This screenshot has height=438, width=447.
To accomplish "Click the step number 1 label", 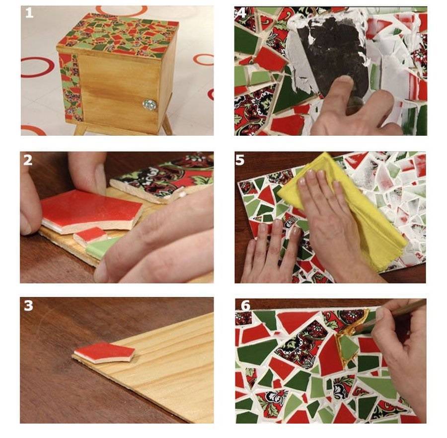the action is click(x=29, y=13).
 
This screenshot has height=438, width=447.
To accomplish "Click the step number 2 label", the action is click(x=28, y=160).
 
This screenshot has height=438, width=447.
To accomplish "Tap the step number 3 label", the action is click(x=28, y=306).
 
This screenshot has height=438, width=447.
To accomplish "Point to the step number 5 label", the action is click(x=240, y=160).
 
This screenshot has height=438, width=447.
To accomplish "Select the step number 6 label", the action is click(x=245, y=306).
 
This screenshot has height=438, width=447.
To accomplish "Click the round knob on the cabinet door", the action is click(x=149, y=104).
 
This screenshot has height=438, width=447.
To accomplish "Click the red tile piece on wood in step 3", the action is click(x=104, y=352).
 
